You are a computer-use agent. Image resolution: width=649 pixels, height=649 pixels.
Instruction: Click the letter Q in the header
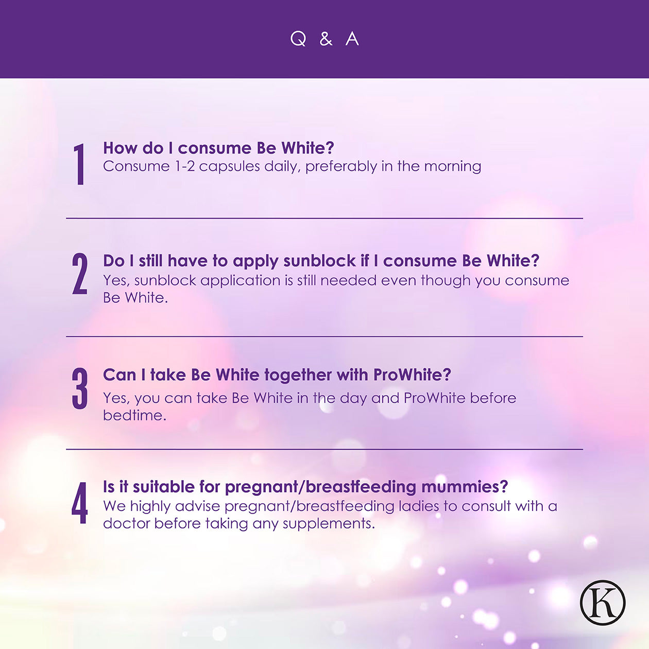point(298,39)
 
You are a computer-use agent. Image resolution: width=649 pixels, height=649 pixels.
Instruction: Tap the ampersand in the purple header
point(326,39)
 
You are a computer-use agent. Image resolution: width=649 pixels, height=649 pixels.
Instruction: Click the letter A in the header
point(352,39)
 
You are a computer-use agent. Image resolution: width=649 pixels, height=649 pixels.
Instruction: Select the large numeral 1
point(79,164)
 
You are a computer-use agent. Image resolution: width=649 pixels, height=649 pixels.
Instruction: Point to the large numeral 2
point(80,274)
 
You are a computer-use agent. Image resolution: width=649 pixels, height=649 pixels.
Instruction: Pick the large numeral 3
point(80,388)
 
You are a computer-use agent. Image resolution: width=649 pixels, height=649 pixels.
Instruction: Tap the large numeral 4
point(80,503)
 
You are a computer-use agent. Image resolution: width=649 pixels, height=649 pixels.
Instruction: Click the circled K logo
point(603,603)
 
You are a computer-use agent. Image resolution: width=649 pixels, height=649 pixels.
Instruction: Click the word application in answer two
point(241,281)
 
